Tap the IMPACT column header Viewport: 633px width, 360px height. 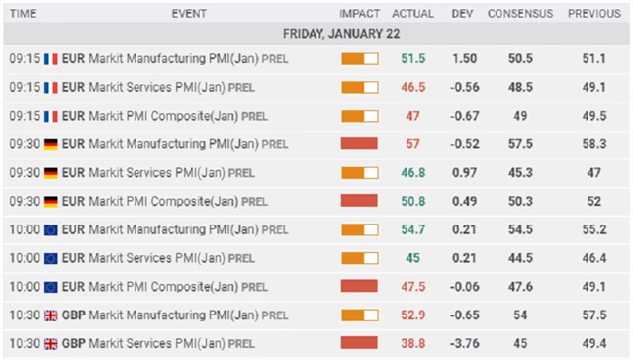(x=359, y=14)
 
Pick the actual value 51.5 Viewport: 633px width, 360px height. (x=414, y=59)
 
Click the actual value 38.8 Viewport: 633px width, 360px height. (x=414, y=342)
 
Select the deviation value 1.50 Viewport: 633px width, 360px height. (x=464, y=59)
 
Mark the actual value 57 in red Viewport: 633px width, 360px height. (x=414, y=144)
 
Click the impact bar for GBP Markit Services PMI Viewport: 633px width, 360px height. (x=359, y=342)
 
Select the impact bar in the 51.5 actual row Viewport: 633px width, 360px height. (x=359, y=59)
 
